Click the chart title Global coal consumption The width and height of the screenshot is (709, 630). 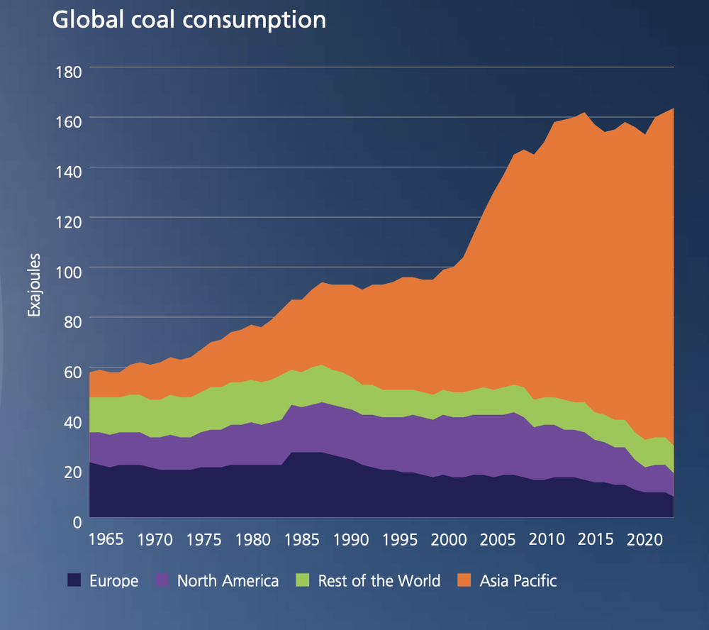click(x=189, y=21)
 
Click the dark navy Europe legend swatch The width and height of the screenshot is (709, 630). click(x=74, y=581)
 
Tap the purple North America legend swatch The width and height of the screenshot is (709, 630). click(x=162, y=581)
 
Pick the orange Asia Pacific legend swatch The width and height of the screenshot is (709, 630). click(x=465, y=581)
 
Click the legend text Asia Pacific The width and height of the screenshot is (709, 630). click(x=518, y=581)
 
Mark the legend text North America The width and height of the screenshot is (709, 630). click(x=228, y=581)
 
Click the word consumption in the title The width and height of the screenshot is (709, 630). click(x=255, y=21)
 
